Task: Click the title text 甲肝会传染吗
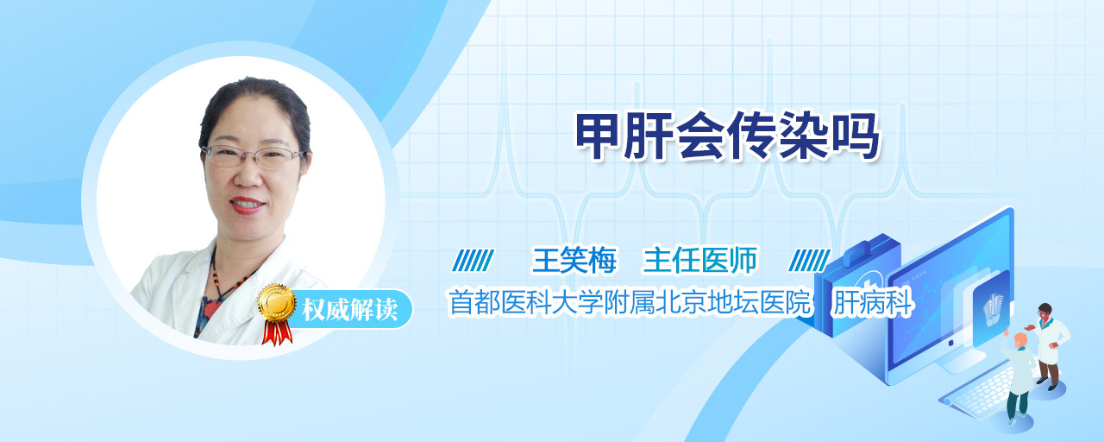pos(728,136)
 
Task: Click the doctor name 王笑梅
pos(574,260)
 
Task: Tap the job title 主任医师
pos(700,260)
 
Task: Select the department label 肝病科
pos(872,302)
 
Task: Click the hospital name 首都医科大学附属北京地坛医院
pos(630,302)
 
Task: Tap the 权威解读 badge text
pos(350,310)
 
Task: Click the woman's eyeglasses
pos(254,156)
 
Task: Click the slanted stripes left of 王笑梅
pos(474,260)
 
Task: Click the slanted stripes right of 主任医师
pos(809,260)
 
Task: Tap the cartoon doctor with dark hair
pos(1048,346)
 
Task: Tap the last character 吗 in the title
pos(856,136)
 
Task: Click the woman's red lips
pos(247,205)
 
